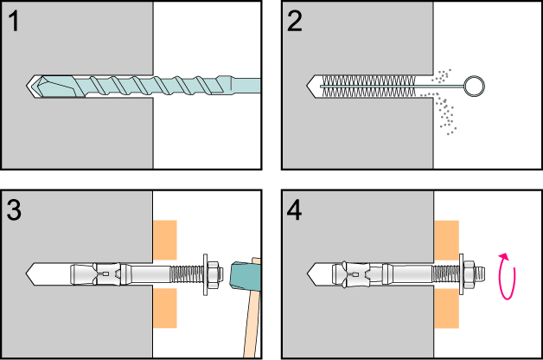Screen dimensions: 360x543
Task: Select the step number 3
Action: click(16, 210)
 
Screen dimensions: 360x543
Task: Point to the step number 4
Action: click(296, 210)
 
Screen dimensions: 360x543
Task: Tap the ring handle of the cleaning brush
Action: click(476, 86)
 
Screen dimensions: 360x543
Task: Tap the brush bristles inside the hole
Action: click(372, 86)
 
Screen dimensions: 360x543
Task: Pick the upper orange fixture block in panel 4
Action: click(446, 240)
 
